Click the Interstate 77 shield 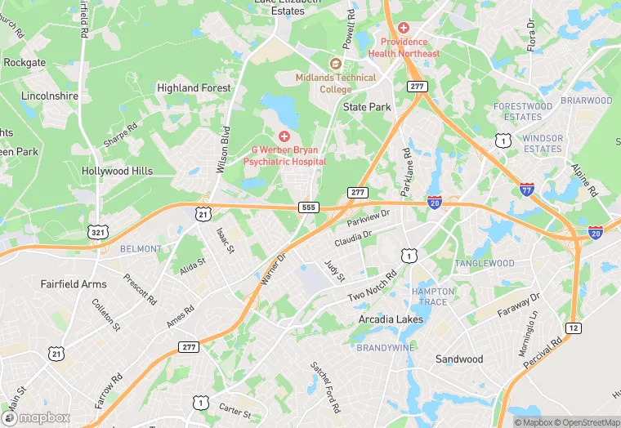(527, 189)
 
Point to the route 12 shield (574, 328)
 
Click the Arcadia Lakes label (392, 319)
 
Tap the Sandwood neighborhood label (458, 359)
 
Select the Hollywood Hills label (117, 171)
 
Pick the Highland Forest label (194, 87)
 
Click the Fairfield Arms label (74, 284)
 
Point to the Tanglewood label (485, 263)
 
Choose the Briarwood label (587, 100)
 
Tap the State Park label (367, 107)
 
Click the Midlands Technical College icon (335, 63)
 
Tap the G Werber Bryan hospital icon (284, 136)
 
